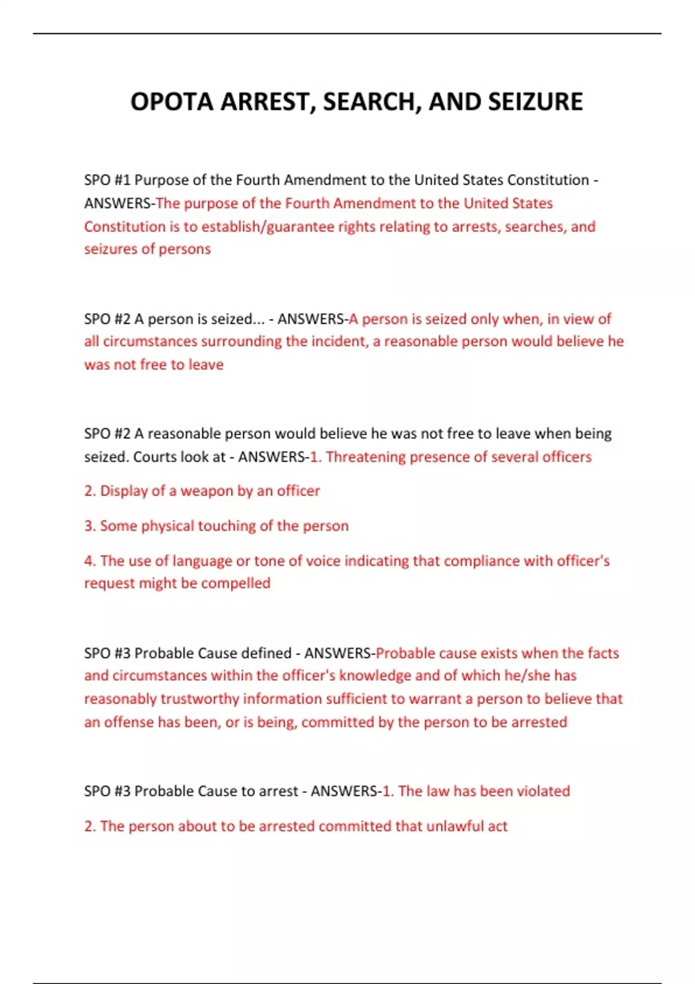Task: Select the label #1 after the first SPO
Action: [x=123, y=180]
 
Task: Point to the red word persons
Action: [x=185, y=249]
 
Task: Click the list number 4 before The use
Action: [x=89, y=560]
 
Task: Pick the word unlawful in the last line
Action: [x=454, y=826]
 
